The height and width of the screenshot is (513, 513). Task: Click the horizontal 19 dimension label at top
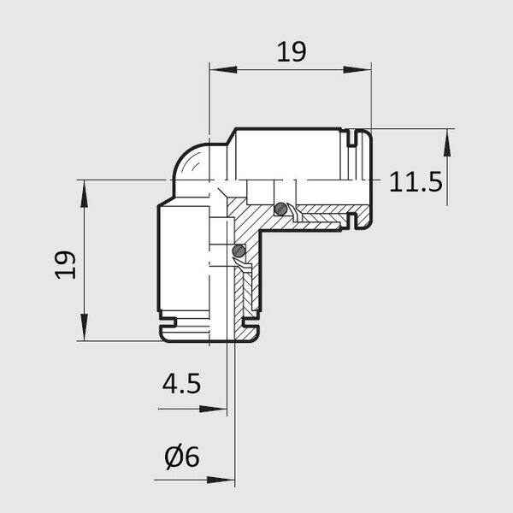coord(292,51)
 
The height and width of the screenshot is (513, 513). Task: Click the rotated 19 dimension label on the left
coord(66,265)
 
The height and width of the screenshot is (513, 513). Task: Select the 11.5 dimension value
coord(416,182)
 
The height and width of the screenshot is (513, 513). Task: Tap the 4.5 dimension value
coord(181,383)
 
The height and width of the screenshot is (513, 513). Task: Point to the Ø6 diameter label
coord(182,457)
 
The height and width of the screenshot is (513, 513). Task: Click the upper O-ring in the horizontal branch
coord(280,209)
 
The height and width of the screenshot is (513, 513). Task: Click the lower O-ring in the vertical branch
coord(239,251)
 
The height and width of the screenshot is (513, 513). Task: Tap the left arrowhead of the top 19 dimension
coord(223,69)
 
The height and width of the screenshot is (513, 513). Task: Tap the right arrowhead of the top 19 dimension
coord(357,69)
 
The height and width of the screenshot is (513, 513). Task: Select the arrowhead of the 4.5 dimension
coord(213,409)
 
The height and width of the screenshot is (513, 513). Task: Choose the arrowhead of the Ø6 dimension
coord(221,481)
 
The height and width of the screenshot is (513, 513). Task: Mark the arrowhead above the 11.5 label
coord(447,143)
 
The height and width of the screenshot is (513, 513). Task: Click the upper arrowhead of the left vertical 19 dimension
coord(85,194)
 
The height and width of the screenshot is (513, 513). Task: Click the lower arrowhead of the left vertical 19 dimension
coord(85,327)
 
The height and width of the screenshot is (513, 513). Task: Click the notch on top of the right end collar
coord(351,138)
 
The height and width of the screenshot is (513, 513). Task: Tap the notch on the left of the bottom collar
coord(168,322)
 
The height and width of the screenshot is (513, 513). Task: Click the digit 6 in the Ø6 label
coord(192,457)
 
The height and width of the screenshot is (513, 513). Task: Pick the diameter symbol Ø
coord(174,457)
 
